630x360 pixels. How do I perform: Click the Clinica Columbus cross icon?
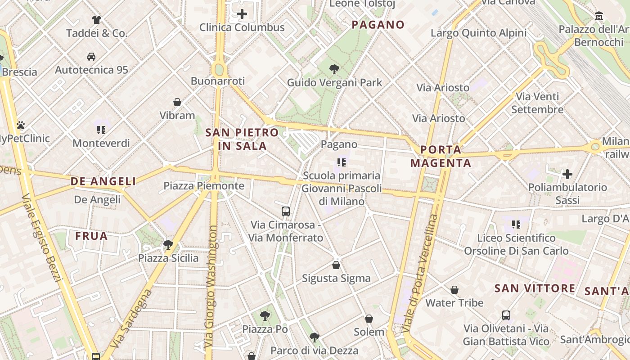point(242,14)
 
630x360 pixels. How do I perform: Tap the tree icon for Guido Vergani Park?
point(334,69)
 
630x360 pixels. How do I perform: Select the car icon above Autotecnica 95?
point(91,57)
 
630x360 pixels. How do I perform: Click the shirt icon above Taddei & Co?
point(97,19)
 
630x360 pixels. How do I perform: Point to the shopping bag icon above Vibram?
point(177,102)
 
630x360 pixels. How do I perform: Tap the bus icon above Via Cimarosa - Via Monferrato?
point(286,211)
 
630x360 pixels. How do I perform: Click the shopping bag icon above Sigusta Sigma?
point(336,265)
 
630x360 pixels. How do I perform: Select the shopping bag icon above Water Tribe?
point(454,290)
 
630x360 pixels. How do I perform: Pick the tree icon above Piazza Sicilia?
point(168,245)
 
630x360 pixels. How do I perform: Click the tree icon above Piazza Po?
point(265,315)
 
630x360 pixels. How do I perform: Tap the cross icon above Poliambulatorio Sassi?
point(567,174)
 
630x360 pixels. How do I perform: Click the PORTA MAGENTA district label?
point(441,156)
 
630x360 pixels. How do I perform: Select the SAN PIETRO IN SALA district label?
point(242,139)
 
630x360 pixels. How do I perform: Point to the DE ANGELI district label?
point(103,181)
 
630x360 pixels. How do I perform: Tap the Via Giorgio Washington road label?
point(211,287)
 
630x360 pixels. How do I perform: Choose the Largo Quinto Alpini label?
point(478,33)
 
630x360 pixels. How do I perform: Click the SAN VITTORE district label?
point(535,288)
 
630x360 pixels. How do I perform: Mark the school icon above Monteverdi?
point(101,130)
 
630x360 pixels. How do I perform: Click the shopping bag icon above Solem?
point(369,319)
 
